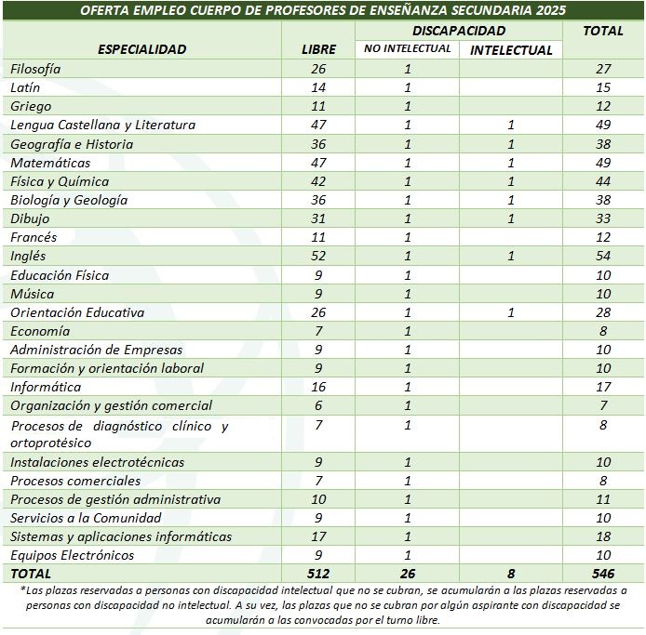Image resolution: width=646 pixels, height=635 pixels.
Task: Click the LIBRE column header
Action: [318, 49]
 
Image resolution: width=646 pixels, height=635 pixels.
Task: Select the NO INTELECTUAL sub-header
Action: [407, 49]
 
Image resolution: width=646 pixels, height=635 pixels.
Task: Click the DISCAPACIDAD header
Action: [458, 31]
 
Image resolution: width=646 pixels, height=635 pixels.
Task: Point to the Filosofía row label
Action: [35, 69]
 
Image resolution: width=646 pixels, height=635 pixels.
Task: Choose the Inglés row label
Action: [28, 256]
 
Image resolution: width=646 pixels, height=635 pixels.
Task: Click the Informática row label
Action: [46, 387]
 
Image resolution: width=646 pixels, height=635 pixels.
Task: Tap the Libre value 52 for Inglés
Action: [318, 256]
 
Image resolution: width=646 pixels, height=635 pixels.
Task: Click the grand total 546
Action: [602, 574]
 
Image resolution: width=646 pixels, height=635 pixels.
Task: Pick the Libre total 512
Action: [318, 574]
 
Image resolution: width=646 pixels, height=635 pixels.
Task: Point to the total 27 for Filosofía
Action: [602, 69]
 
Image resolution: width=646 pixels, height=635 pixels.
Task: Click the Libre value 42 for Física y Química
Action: [318, 181]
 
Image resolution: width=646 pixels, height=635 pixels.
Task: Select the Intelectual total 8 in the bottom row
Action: [510, 574]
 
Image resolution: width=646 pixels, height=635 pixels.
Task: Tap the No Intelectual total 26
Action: [407, 574]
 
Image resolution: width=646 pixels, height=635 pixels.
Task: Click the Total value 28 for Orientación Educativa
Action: [602, 312]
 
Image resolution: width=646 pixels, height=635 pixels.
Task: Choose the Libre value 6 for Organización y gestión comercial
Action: [318, 405]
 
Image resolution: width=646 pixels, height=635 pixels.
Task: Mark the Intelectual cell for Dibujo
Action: [510, 218]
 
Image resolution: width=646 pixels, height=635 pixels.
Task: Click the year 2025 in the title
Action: [547, 11]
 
